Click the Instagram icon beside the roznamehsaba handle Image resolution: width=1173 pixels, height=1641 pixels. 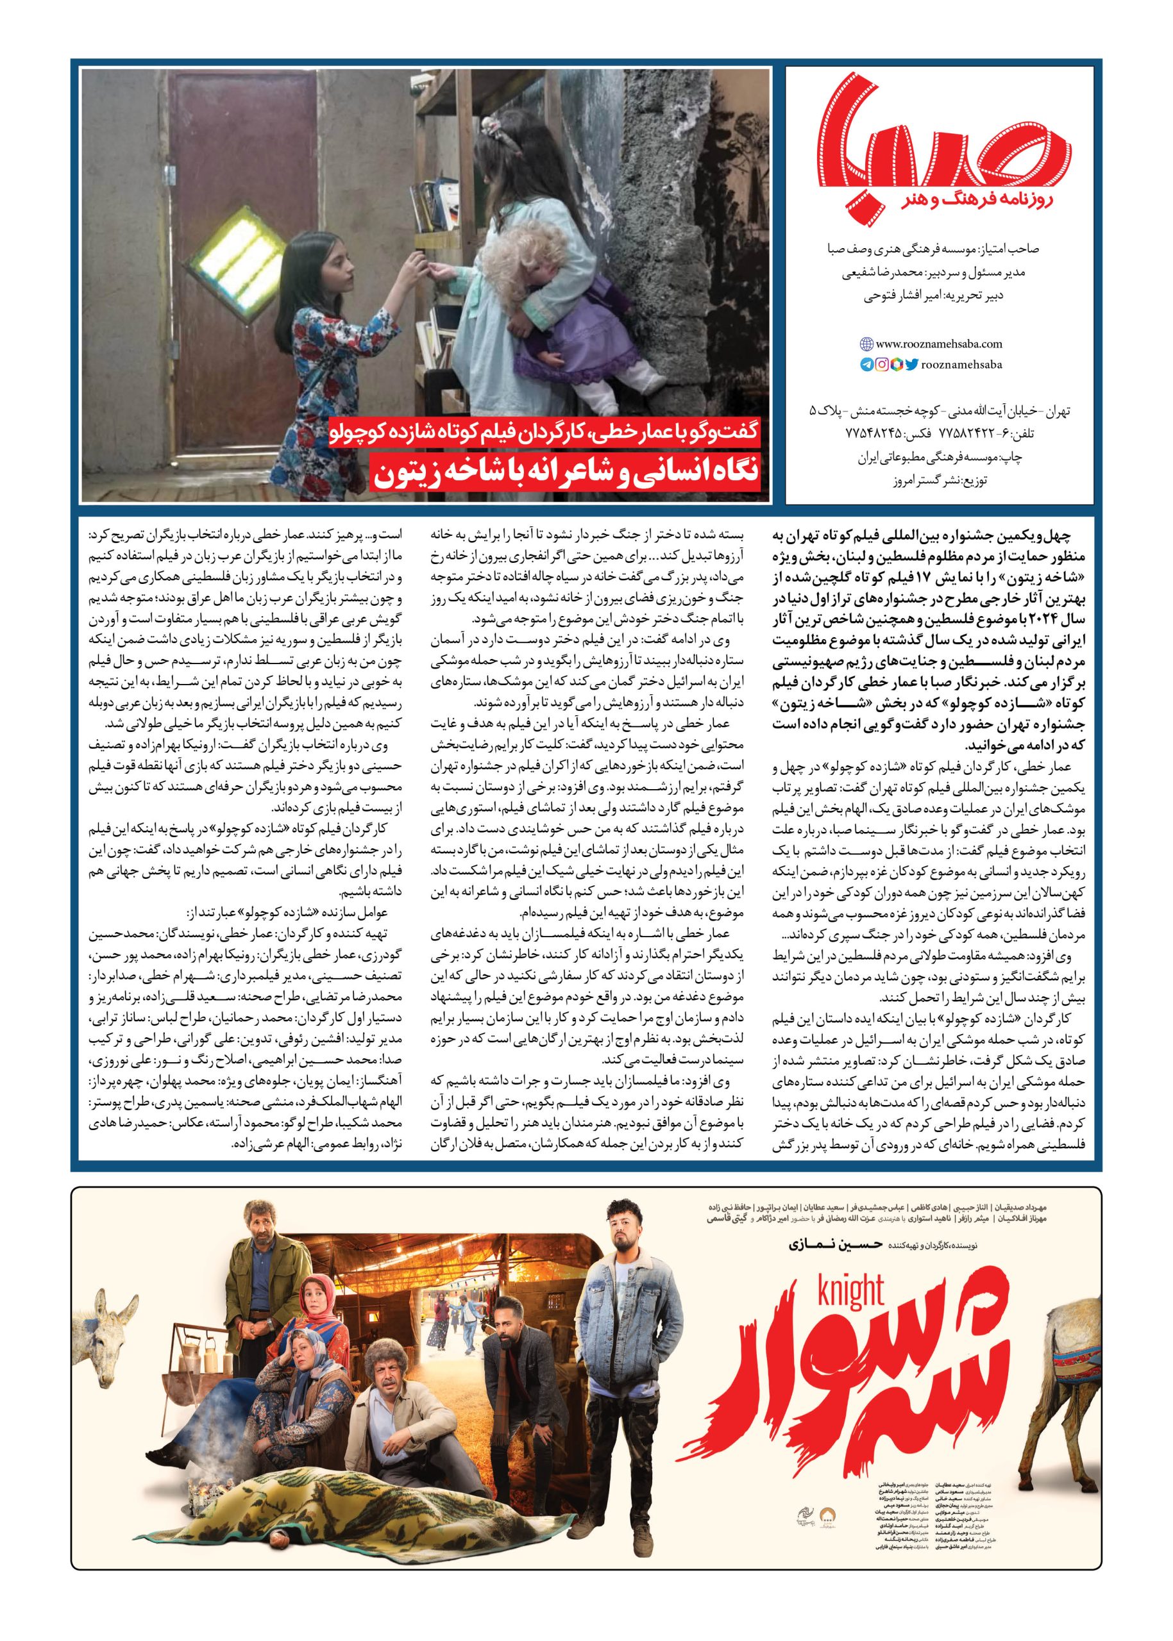pyautogui.click(x=882, y=365)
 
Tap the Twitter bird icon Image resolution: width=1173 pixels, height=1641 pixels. pyautogui.click(x=911, y=365)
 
